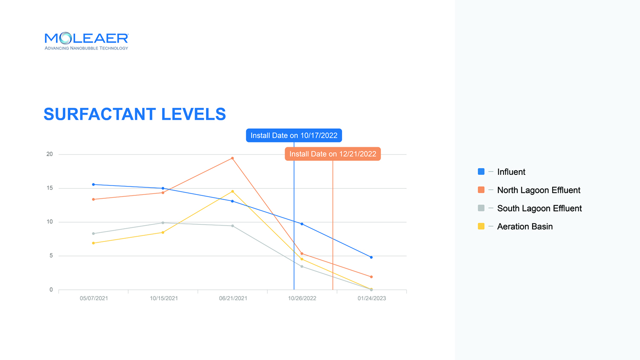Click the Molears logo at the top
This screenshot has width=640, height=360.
(86, 41)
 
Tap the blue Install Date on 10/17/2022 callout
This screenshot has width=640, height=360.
(294, 136)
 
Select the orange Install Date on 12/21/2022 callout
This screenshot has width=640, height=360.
(332, 154)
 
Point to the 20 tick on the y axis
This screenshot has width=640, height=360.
(49, 154)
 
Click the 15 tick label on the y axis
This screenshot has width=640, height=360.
(49, 188)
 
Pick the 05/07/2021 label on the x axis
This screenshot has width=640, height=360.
(94, 298)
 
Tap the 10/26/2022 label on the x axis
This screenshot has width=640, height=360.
(302, 298)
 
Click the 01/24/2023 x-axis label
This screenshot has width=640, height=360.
(372, 298)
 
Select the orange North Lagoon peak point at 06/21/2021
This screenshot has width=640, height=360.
(232, 158)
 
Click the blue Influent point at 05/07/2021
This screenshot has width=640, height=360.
(93, 185)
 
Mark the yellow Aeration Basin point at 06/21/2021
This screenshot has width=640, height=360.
(232, 192)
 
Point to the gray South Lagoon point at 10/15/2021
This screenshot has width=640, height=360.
(163, 223)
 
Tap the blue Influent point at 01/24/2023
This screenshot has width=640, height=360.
(372, 258)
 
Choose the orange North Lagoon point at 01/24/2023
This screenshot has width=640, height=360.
(372, 277)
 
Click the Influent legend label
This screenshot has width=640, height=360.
(511, 172)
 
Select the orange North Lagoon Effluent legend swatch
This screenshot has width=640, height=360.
(481, 190)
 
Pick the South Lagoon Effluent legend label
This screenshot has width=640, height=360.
(539, 208)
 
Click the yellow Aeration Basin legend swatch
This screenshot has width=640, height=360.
(481, 226)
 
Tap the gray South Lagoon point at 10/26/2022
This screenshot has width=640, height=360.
(302, 267)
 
